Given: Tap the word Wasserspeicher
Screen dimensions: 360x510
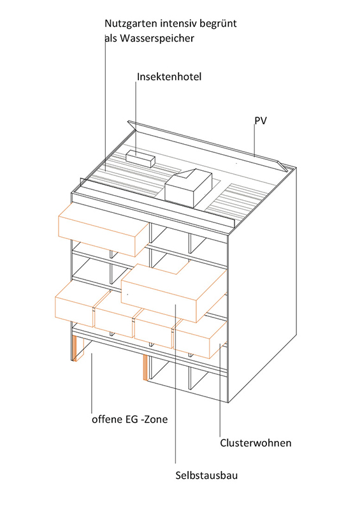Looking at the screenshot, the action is (157, 39).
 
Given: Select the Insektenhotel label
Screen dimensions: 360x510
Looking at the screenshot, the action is (169, 76).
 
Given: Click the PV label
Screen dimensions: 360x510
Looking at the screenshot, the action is (261, 120).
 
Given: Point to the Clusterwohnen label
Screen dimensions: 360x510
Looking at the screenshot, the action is (256, 443).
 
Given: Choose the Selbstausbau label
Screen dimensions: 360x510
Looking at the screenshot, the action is (206, 476).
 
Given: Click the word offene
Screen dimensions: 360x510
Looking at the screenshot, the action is (106, 419).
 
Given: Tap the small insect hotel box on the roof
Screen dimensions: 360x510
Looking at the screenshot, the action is (140, 158).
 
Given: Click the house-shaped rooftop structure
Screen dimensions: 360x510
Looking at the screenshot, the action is (189, 187).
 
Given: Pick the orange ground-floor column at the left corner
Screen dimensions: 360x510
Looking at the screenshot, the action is (75, 348).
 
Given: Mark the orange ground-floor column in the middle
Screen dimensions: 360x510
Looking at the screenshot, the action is (145, 368).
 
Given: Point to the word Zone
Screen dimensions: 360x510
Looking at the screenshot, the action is (155, 419).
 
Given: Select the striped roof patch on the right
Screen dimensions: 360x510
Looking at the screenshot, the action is (241, 199).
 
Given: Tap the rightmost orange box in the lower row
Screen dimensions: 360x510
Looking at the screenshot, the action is (200, 339).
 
